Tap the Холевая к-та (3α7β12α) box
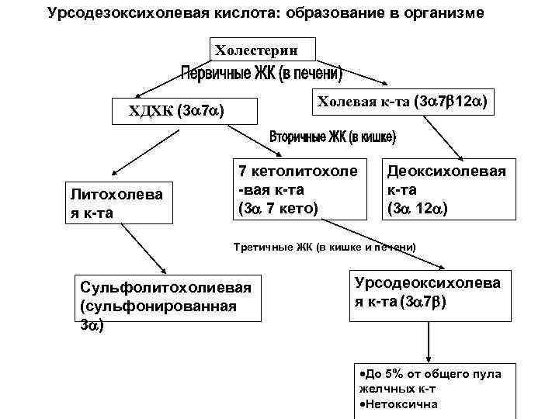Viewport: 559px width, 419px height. pyautogui.click(x=399, y=101)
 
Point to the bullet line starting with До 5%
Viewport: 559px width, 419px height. pyautogui.click(x=431, y=380)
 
